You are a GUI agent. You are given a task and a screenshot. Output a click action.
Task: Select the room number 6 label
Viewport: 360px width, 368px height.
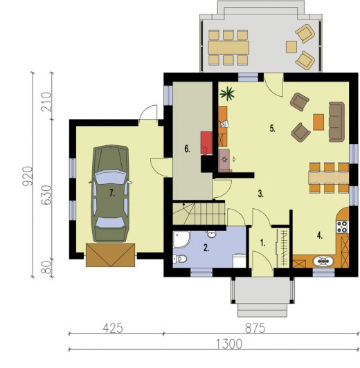pyautogui.click(x=187, y=148)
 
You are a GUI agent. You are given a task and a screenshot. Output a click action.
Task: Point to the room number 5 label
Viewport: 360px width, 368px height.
pyautogui.click(x=272, y=128)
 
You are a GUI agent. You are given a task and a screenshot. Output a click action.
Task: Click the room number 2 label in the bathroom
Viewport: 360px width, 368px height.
pyautogui.click(x=206, y=246)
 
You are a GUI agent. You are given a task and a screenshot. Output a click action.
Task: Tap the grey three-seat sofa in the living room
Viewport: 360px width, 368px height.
pyautogui.click(x=336, y=118)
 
